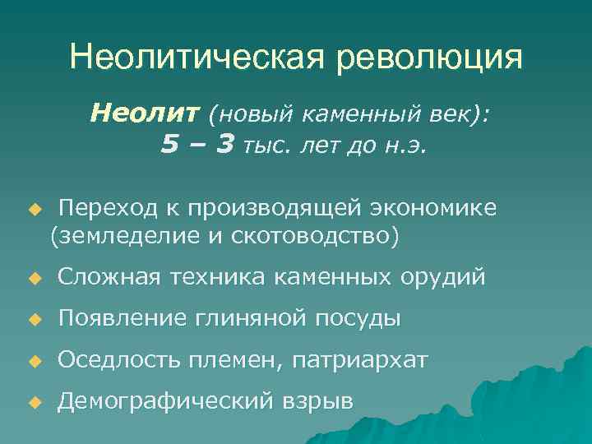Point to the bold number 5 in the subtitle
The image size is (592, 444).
169,145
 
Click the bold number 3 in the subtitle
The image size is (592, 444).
224,145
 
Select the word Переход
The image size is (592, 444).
101,208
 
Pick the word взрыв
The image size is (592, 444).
319,401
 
